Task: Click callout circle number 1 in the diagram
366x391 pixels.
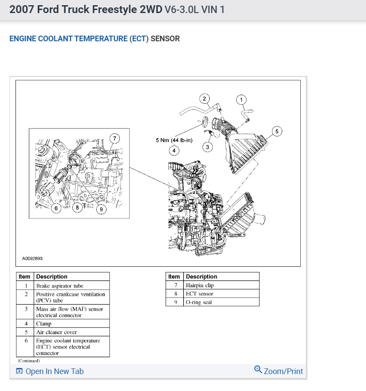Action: [242, 100]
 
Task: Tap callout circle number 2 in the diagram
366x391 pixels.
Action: [205, 98]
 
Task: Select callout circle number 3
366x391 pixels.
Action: [208, 147]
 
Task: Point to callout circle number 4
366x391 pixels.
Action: [174, 151]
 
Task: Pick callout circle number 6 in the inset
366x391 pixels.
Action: [56, 209]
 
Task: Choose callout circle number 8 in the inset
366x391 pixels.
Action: [77, 208]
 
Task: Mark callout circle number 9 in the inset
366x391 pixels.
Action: [101, 209]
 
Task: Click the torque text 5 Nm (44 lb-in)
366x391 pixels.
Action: [174, 140]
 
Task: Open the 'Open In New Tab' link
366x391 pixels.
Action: [50, 371]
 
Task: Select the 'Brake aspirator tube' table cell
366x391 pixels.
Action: [60, 286]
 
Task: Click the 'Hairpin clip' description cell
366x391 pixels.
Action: [200, 285]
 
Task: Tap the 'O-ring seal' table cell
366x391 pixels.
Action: [198, 302]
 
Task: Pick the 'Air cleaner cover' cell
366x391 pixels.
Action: [57, 332]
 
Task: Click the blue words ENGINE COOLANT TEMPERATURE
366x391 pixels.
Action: [68, 39]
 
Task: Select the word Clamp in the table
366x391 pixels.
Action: [44, 324]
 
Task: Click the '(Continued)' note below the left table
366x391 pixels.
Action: [29, 361]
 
